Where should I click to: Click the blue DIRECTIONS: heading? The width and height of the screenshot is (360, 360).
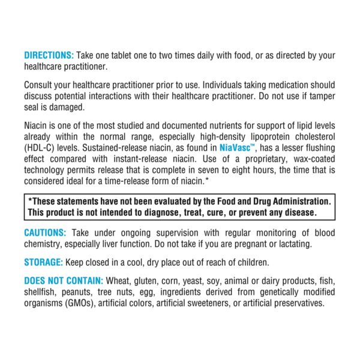[48, 55]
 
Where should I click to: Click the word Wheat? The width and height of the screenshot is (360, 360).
[121, 281]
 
